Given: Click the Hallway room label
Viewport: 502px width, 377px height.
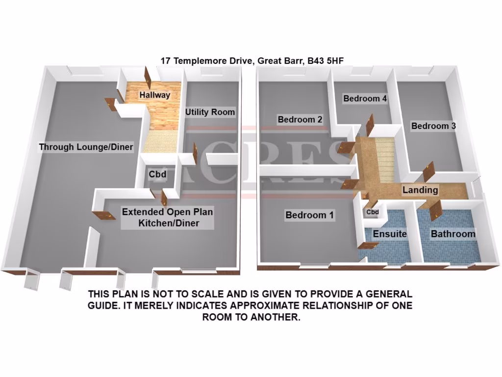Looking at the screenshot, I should pos(154,95).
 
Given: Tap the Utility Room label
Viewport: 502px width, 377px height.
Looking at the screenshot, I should pos(210,112).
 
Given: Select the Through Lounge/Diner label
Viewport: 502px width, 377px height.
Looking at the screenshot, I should pos(86,147).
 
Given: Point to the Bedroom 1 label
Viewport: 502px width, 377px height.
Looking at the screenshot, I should pos(310,215).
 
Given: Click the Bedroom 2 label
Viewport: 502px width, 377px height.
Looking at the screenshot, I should pos(300,119).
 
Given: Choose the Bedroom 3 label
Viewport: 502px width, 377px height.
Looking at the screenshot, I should pos(433,126).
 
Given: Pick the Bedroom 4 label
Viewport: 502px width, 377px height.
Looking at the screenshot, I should pos(365,99).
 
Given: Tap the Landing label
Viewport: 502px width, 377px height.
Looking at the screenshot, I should pos(420,189).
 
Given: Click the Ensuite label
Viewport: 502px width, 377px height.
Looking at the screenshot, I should pos(390,234).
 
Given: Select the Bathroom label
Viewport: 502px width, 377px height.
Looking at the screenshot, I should pos(453,234).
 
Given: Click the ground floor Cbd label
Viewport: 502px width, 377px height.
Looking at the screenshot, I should pos(157,174).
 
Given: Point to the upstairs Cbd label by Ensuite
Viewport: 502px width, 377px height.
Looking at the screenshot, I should pos(373,212).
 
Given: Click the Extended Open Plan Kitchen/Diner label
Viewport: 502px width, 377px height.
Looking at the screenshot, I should pos(167,218).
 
